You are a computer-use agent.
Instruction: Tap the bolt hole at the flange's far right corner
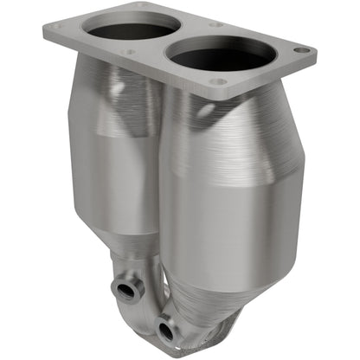[x=300, y=51]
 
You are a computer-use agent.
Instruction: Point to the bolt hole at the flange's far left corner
[x=58, y=27]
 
